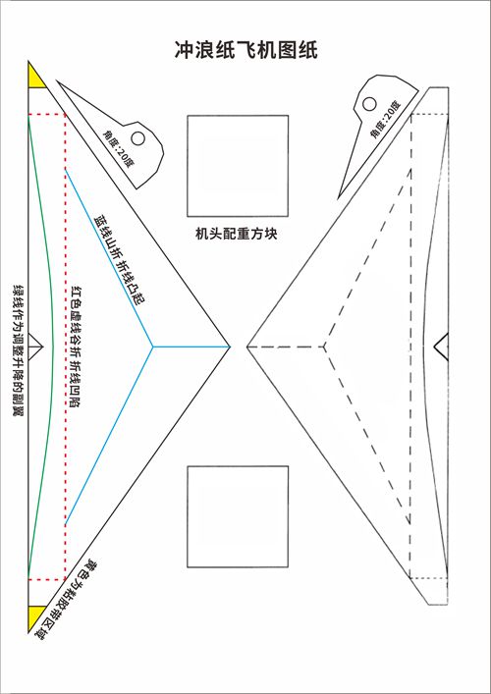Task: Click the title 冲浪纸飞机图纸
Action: tap(245, 50)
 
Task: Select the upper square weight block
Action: tap(238, 166)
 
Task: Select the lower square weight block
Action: tap(238, 516)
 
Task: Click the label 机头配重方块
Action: tap(237, 234)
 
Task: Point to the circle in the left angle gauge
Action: tap(138, 138)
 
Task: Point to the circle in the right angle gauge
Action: tap(369, 104)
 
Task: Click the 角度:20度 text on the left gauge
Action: tap(118, 147)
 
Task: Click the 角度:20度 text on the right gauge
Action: tap(385, 120)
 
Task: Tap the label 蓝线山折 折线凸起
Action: tap(121, 260)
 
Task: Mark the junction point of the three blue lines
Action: tap(153, 347)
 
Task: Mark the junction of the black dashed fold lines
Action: tap(324, 347)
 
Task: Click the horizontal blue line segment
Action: tap(191, 347)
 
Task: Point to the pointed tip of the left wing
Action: tap(230, 347)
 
